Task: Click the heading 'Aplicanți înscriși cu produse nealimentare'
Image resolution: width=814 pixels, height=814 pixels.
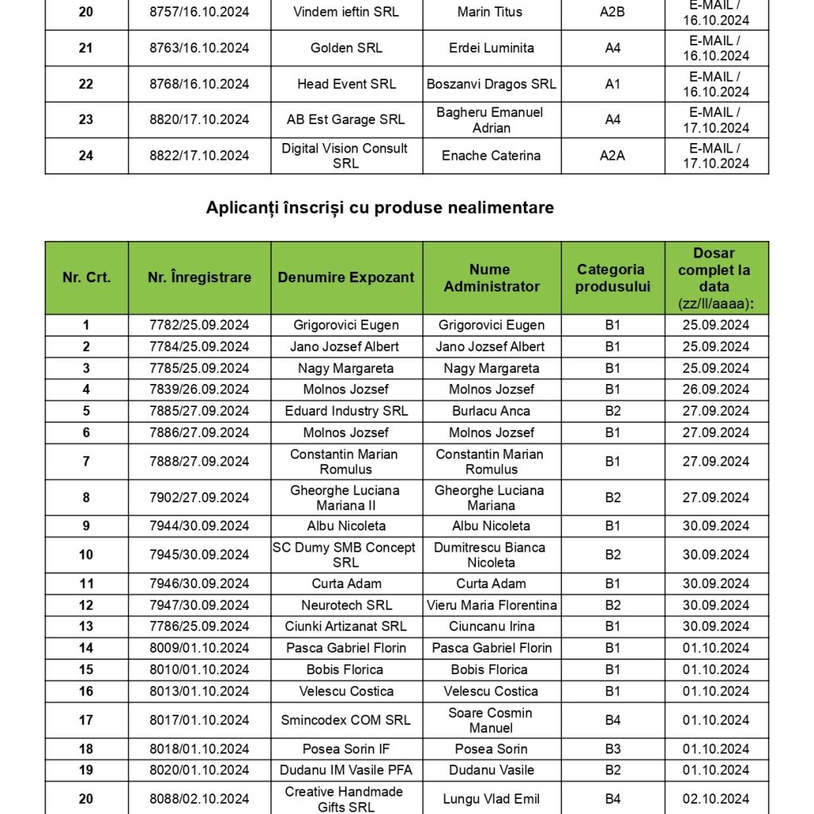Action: [379, 207]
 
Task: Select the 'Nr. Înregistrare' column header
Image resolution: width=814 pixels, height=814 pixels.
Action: [199, 277]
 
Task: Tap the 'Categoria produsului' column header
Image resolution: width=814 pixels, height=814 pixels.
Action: [612, 278]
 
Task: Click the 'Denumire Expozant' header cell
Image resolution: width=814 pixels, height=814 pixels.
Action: [346, 277]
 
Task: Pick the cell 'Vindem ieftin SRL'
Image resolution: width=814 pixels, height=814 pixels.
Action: [346, 12]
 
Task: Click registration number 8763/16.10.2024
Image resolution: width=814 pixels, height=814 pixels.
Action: [199, 48]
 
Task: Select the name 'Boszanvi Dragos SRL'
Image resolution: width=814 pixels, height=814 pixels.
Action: [491, 83]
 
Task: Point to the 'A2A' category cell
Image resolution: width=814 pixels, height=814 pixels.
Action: [612, 156]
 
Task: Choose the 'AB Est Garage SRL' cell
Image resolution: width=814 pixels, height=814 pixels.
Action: [346, 119]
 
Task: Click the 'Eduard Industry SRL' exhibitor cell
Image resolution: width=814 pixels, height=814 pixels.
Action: [346, 411]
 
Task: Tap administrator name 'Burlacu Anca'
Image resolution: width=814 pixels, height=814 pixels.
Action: [490, 411]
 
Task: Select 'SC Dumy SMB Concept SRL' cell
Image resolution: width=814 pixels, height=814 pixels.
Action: [346, 555]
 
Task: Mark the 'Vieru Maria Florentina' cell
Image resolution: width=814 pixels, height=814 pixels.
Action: [491, 605]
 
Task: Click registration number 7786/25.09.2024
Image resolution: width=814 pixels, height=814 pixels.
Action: [199, 626]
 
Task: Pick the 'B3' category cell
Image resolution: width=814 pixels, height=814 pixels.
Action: [612, 749]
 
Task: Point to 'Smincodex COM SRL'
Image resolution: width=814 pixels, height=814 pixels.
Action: [346, 720]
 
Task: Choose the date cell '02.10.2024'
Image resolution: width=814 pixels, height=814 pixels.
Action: [715, 799]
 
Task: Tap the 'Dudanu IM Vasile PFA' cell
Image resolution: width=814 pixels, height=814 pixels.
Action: [346, 770]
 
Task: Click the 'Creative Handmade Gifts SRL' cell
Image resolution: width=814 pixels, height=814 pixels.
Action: [346, 799]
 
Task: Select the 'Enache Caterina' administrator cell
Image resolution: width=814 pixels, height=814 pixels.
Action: [490, 156]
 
